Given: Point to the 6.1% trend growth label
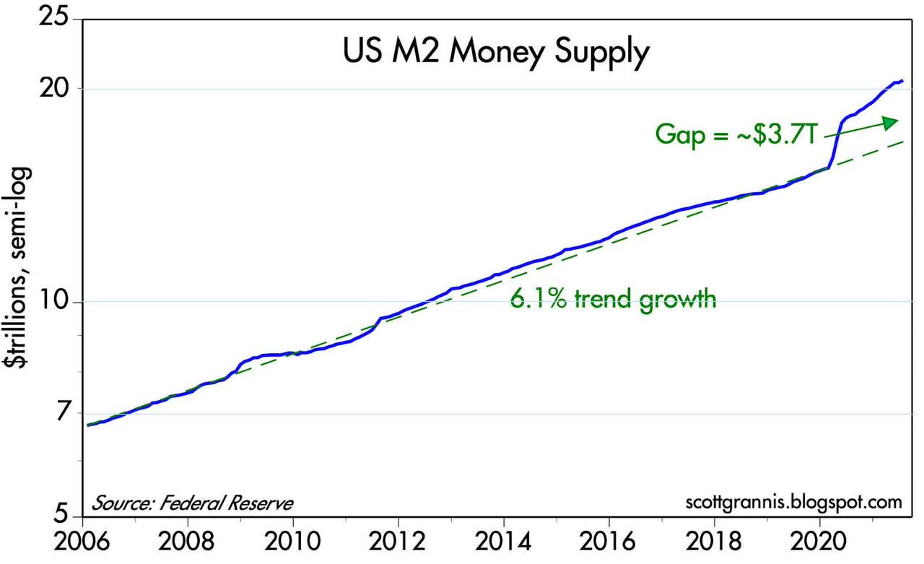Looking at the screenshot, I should pos(613,298).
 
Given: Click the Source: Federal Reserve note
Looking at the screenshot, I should pos(192,502).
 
